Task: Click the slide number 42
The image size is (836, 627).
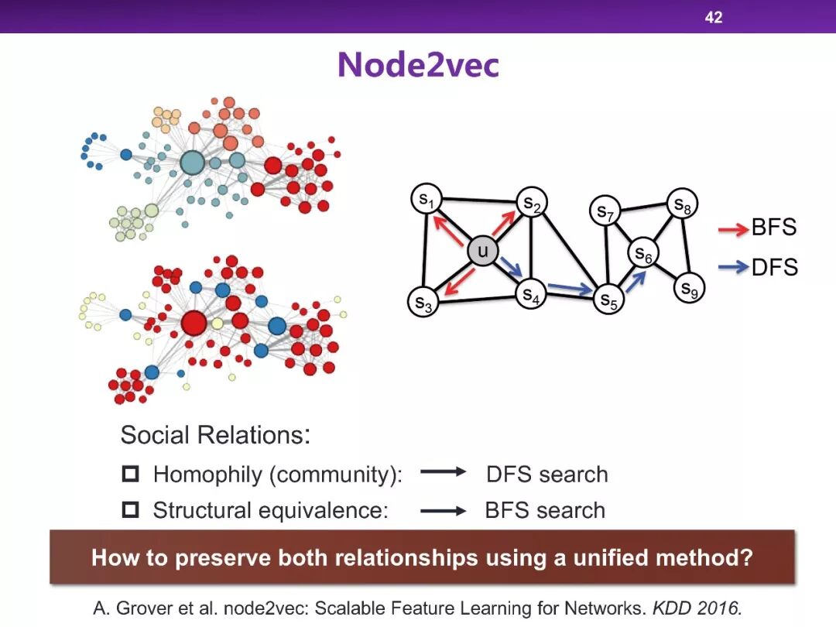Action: click(713, 17)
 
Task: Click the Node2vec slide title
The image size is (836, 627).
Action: click(418, 65)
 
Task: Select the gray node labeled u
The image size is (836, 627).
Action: click(482, 252)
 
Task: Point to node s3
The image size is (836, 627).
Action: click(423, 302)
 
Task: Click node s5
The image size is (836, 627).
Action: click(609, 300)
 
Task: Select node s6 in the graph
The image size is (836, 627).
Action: click(643, 253)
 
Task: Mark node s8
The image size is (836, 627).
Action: click(682, 205)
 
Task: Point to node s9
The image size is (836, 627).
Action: click(688, 289)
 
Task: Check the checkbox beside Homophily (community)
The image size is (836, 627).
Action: click(130, 474)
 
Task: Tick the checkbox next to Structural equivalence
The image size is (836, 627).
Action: click(130, 509)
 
